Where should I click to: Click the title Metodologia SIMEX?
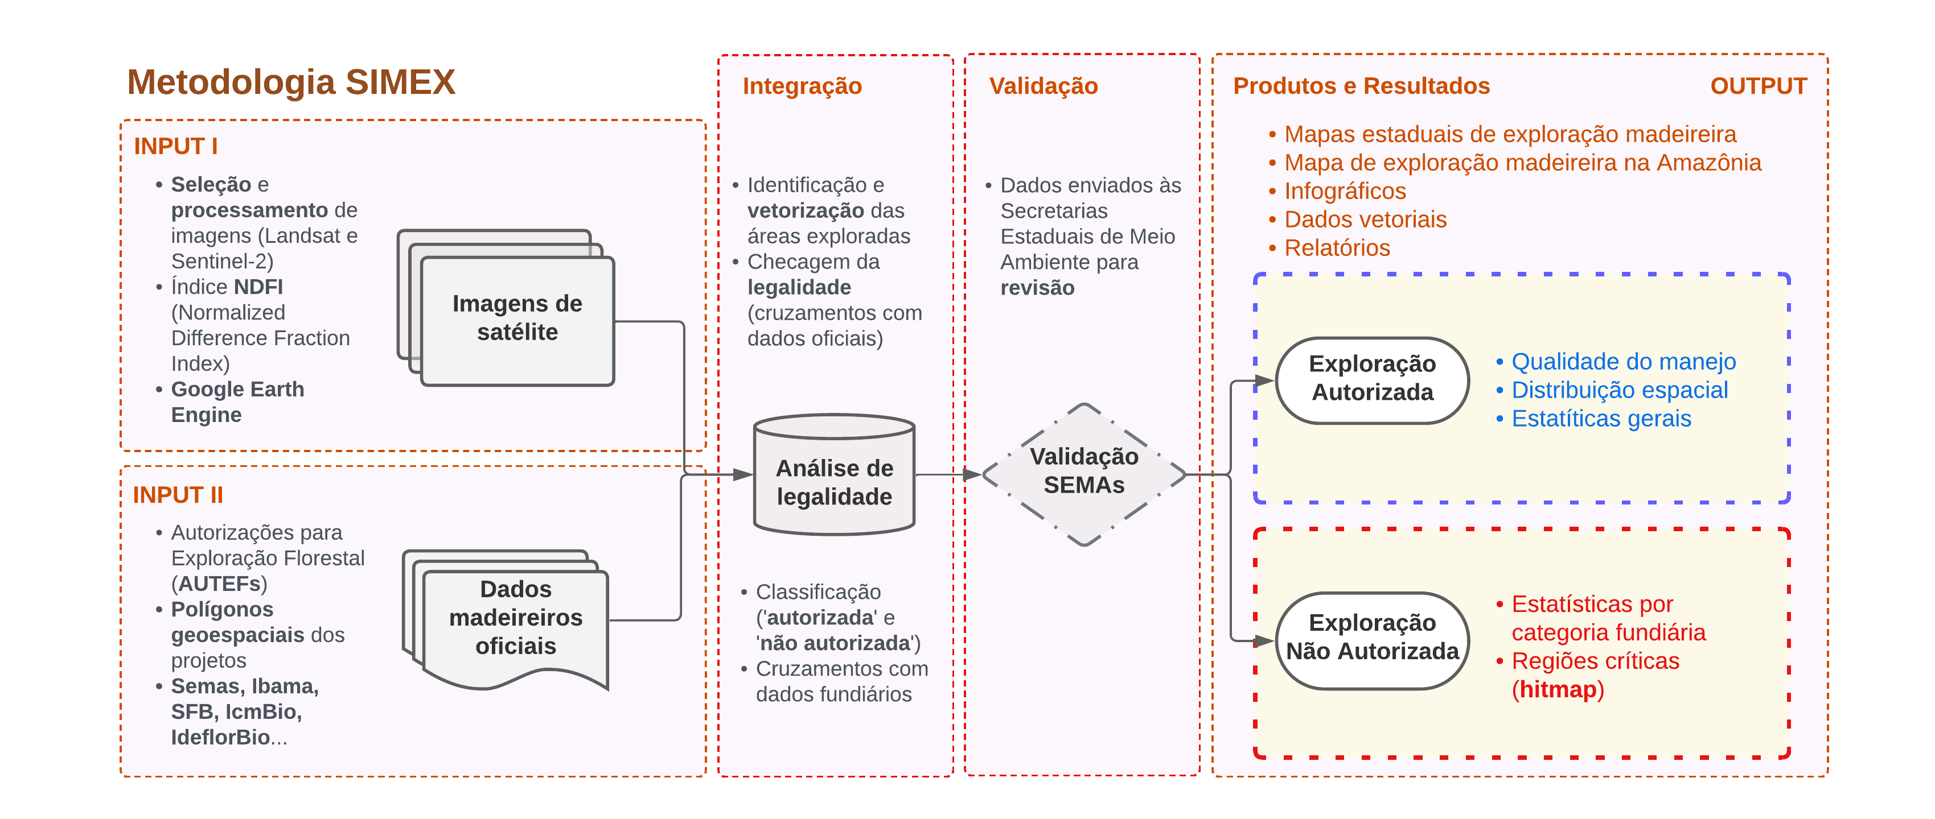click(291, 82)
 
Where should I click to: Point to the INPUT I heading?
click(176, 146)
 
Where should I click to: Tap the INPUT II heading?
click(178, 495)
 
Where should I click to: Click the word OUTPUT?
click(1758, 86)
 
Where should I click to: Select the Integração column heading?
click(802, 86)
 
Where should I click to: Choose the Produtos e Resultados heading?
click(1361, 86)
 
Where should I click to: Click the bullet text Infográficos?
click(1345, 192)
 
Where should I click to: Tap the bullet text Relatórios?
click(1337, 248)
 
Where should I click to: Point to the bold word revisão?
click(1037, 288)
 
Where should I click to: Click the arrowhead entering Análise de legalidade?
click(743, 474)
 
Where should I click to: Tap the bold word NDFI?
click(258, 287)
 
